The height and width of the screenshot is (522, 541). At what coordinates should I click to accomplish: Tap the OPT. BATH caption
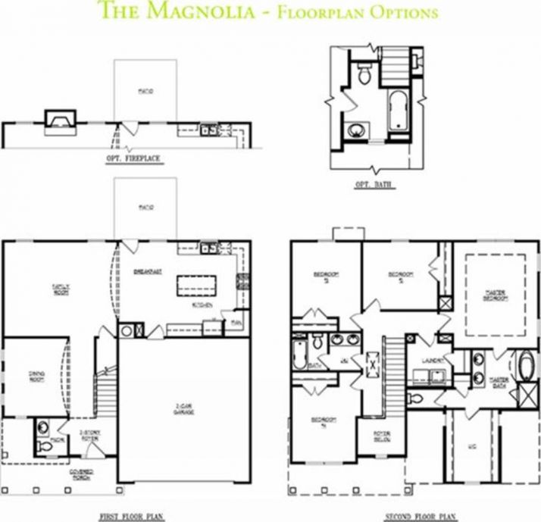[x=371, y=184]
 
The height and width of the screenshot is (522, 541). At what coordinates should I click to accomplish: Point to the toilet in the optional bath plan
[x=364, y=74]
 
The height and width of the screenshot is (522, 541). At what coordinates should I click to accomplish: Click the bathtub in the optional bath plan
[x=398, y=111]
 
